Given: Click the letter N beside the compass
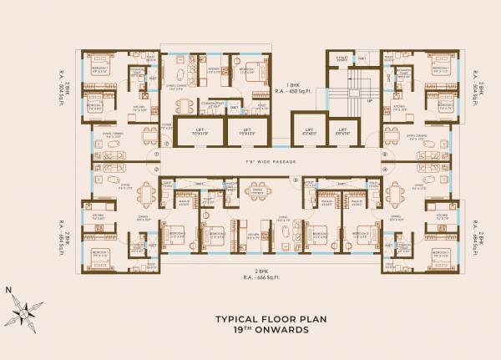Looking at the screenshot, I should pyautogui.click(x=8, y=290).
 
